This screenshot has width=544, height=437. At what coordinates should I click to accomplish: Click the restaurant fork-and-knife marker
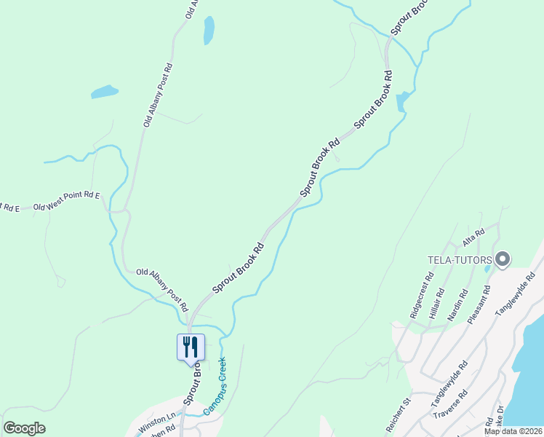tap(191, 346)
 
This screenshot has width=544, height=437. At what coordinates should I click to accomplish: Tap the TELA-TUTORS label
tap(457, 261)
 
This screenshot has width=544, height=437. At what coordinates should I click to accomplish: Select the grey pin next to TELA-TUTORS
tap(503, 259)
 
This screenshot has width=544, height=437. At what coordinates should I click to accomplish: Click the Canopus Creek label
tap(214, 386)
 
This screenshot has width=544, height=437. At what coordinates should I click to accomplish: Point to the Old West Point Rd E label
tap(66, 201)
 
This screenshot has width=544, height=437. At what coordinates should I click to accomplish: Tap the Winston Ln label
tap(157, 420)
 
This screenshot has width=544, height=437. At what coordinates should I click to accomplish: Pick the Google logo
tap(24, 428)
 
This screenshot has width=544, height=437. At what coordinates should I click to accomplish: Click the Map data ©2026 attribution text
tap(513, 431)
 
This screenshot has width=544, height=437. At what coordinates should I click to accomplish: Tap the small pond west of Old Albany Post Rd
tap(104, 92)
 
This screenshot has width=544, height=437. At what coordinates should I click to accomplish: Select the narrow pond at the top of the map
tap(209, 31)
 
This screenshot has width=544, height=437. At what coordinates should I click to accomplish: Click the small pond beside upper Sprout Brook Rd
tap(401, 101)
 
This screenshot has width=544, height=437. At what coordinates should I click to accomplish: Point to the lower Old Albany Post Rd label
tap(162, 287)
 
